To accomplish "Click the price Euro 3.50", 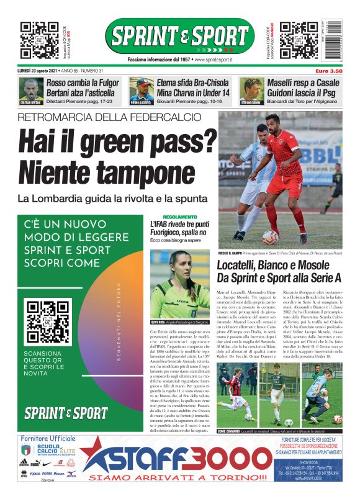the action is (x=328, y=71).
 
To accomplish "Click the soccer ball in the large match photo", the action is (x=271, y=236).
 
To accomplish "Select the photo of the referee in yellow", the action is (x=179, y=284).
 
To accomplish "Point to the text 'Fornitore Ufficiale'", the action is (x=48, y=439).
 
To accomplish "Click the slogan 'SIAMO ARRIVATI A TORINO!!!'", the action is (x=178, y=477).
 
